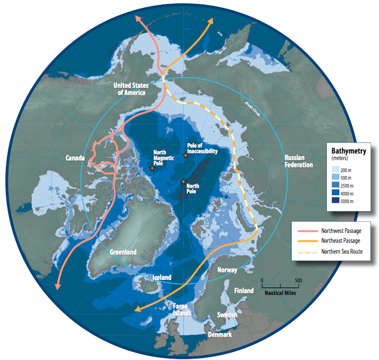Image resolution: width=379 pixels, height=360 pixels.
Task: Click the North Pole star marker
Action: pos(183,181)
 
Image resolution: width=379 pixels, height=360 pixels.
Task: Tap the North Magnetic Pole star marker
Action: pos(152,168)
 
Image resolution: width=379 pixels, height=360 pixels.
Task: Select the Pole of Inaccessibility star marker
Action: pos(185,156)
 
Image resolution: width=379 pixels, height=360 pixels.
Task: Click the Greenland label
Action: pos(123,252)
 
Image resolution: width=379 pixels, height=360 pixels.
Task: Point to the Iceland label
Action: pos(162,277)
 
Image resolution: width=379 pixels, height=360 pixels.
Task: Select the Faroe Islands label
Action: pos(181,309)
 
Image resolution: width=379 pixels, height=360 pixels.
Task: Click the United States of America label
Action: pos(130,88)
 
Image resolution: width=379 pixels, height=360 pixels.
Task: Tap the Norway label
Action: pos(227,270)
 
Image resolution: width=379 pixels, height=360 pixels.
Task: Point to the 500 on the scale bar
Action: pos(298,281)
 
